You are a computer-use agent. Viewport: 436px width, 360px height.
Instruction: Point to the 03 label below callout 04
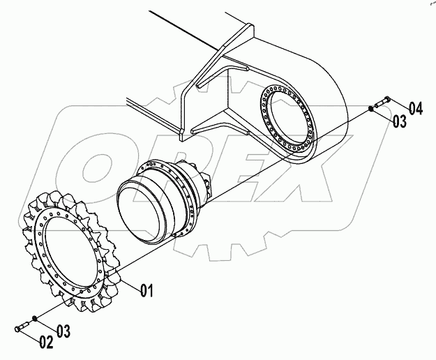point(399,121)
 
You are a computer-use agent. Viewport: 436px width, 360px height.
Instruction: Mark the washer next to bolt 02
point(36,320)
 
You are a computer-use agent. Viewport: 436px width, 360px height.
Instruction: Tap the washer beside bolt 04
point(371,108)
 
